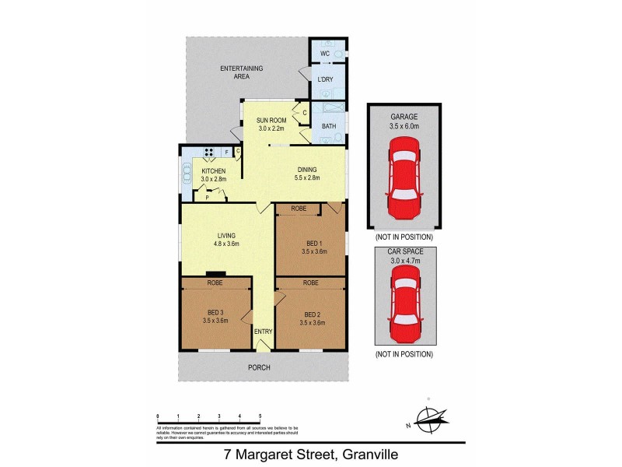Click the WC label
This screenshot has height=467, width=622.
click(325, 54)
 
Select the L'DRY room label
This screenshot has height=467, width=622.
click(325, 80)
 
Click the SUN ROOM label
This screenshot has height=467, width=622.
click(272, 121)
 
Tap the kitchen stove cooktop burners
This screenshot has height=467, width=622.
click(208, 153)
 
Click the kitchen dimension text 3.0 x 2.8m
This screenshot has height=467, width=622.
click(214, 180)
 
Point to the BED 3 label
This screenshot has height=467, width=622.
click(214, 314)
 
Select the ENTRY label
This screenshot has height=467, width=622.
click(264, 332)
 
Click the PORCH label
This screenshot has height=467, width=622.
click(260, 367)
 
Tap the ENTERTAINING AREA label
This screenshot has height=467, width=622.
click(241, 73)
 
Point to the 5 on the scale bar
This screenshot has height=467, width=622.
click(260, 416)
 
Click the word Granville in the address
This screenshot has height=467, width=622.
click(383, 451)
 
